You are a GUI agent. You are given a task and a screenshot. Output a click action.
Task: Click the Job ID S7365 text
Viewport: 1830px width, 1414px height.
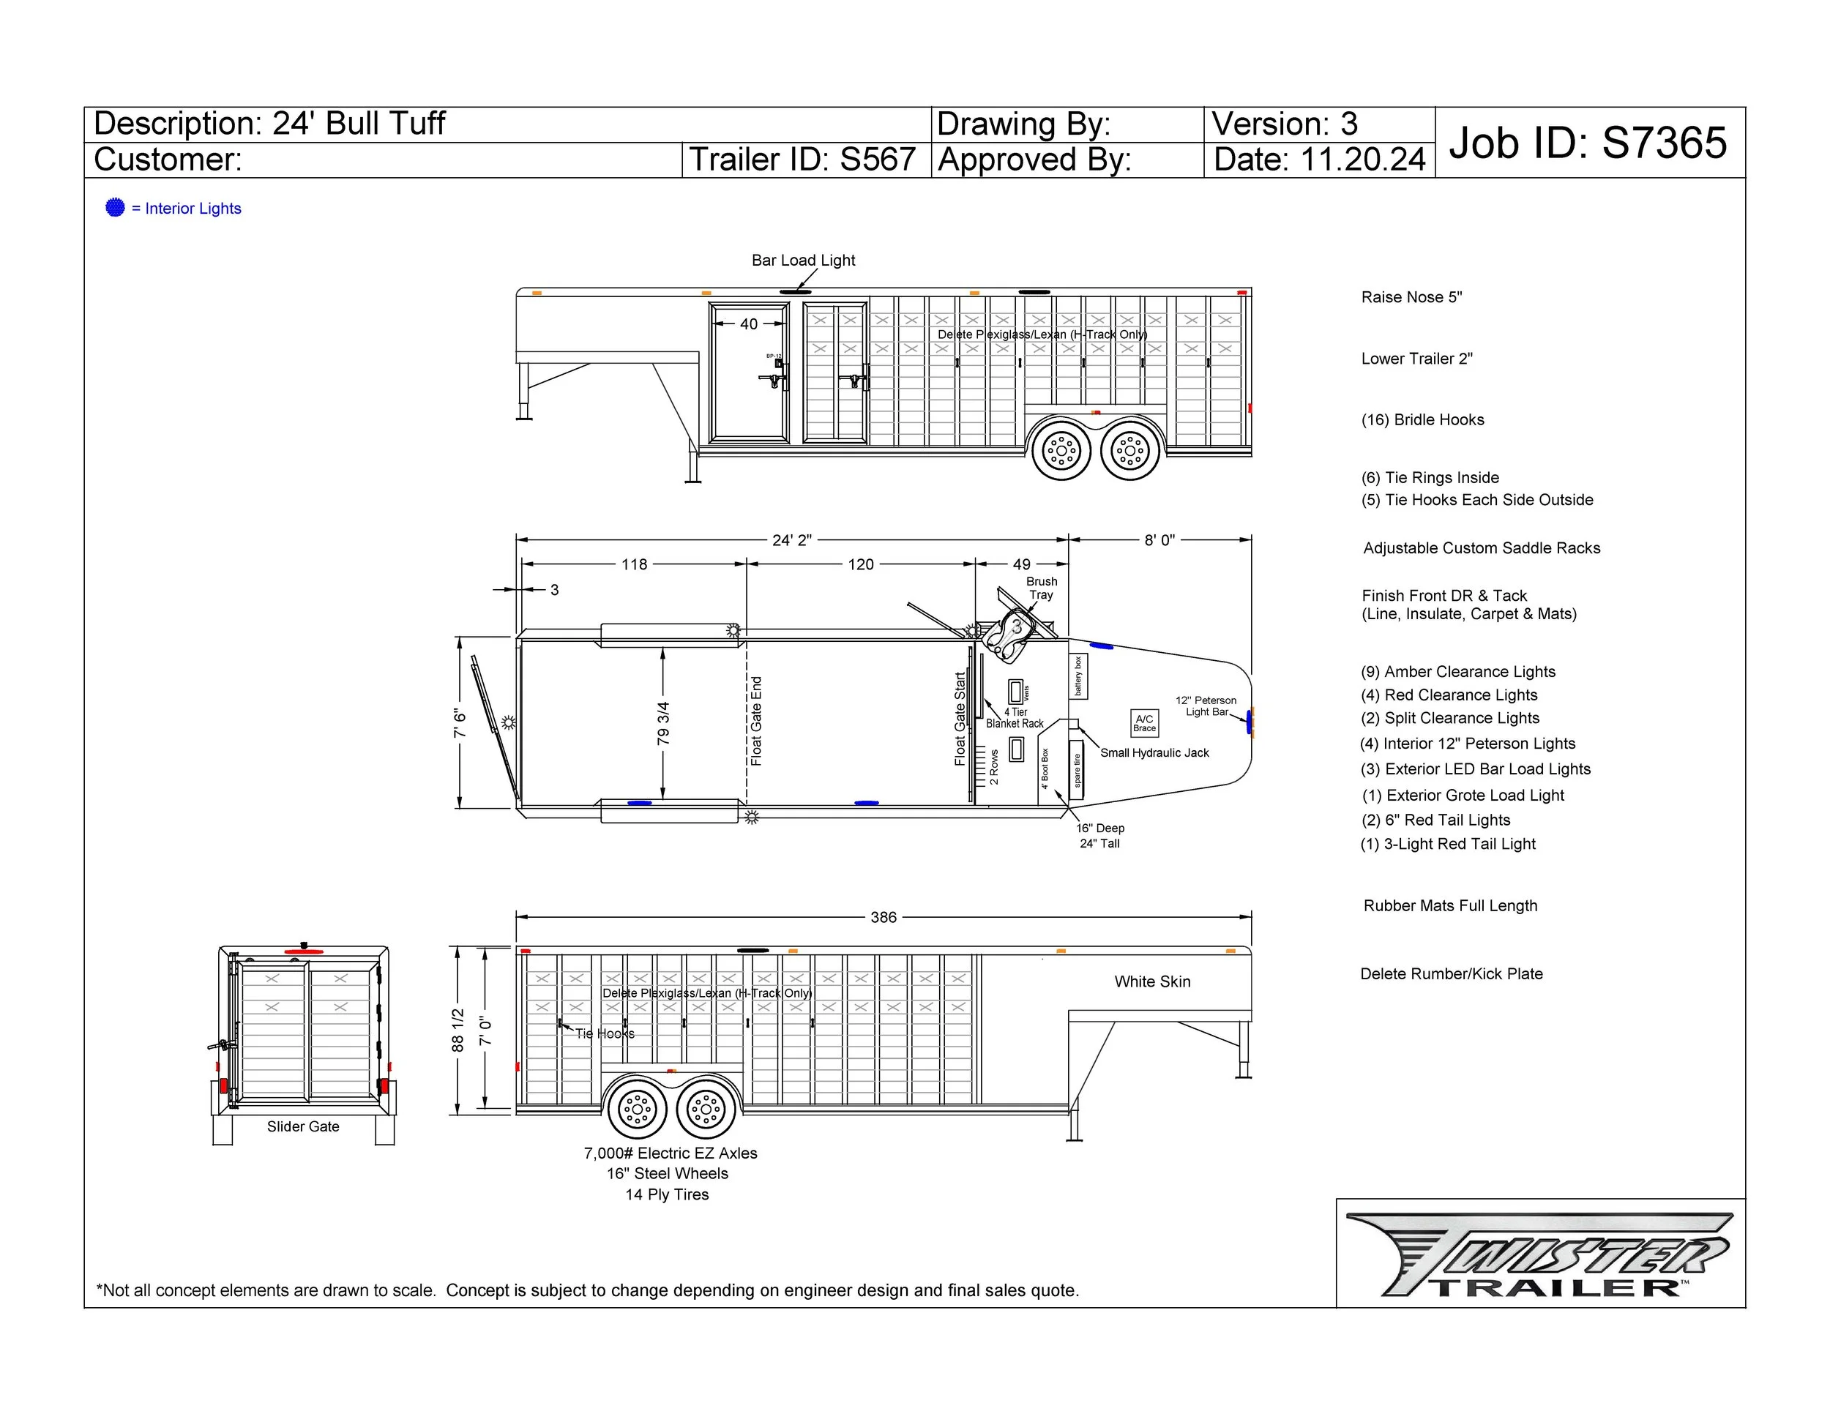[x=1588, y=143]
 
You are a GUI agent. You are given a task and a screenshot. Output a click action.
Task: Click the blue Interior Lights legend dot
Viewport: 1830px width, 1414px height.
[x=116, y=208]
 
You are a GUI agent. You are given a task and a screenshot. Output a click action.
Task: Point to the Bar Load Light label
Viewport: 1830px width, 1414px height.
[x=803, y=261]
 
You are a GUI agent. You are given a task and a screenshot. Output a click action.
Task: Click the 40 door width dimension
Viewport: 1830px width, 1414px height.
[x=748, y=324]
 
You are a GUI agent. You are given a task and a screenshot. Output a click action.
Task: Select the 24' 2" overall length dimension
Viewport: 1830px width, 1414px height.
[x=791, y=540]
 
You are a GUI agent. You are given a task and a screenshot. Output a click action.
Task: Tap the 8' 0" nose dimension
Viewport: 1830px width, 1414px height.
[x=1159, y=540]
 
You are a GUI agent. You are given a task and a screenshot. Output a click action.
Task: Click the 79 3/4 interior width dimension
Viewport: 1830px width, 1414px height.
[x=662, y=724]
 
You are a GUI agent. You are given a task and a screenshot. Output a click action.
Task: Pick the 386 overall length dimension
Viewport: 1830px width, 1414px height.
[x=884, y=917]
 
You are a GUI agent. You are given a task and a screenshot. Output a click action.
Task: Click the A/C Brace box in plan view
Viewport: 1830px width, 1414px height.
[x=1143, y=723]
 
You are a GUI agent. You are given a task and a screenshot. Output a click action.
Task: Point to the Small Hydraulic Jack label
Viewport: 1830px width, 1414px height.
[x=1154, y=753]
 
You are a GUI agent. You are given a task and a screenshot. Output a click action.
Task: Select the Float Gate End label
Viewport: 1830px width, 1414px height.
[x=756, y=721]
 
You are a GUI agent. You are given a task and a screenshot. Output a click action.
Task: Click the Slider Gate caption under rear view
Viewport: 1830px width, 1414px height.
[x=302, y=1126]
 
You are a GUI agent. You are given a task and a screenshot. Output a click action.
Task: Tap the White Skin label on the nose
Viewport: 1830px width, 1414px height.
[x=1151, y=981]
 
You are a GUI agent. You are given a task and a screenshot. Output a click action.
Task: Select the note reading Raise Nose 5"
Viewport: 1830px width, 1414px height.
[x=1411, y=297]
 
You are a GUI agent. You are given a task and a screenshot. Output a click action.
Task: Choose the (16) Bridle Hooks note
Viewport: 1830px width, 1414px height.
[x=1422, y=419]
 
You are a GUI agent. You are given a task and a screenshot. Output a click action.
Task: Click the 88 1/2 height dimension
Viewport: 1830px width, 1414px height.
[x=457, y=1030]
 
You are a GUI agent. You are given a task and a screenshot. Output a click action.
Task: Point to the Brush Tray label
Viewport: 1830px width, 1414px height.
[x=1041, y=588]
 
